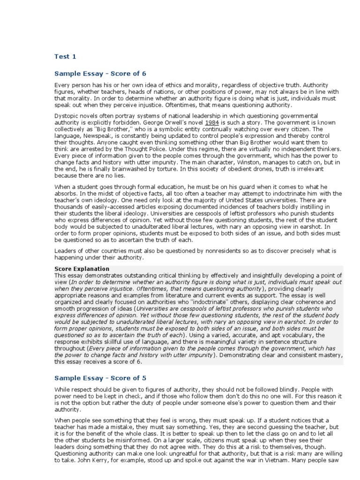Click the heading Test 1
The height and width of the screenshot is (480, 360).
(65, 57)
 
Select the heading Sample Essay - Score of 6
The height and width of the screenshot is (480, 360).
(100, 74)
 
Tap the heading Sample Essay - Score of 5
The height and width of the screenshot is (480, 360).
(100, 377)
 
